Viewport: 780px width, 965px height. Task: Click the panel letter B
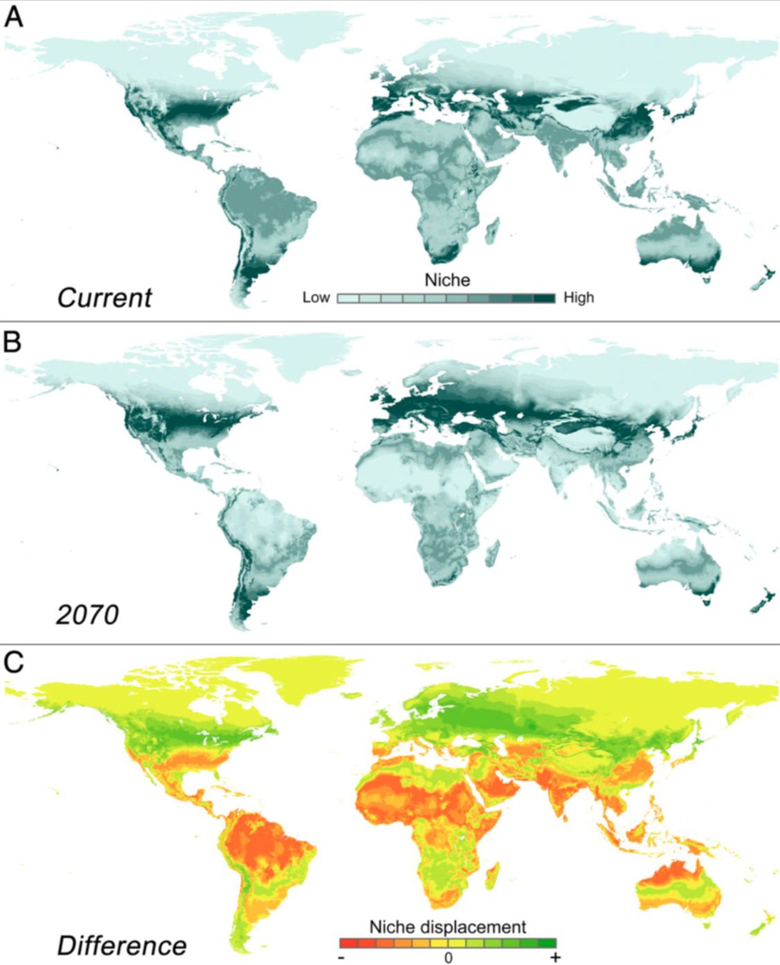pos(13,343)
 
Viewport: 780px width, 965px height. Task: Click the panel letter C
pos(13,662)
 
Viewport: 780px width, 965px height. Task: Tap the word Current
pos(105,298)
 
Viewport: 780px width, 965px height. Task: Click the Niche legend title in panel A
pos(447,280)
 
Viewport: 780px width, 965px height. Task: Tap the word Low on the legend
pos(316,298)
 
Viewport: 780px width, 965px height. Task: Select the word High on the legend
pos(579,298)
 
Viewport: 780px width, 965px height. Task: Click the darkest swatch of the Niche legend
pos(544,298)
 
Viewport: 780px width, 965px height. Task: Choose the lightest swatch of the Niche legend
pos(348,298)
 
